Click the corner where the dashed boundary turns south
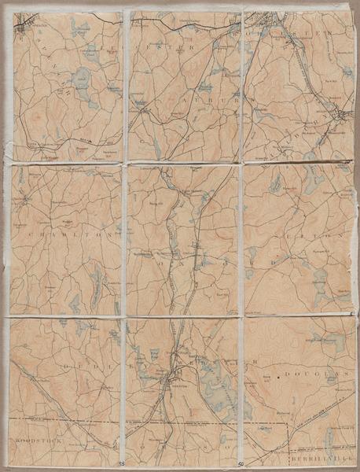(x=285, y=425)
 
